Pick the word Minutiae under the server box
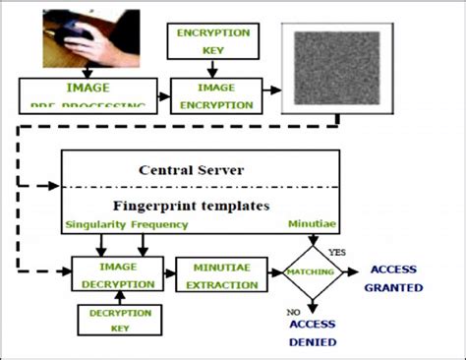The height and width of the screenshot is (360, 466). [313, 225]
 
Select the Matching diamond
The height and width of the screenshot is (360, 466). [313, 272]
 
